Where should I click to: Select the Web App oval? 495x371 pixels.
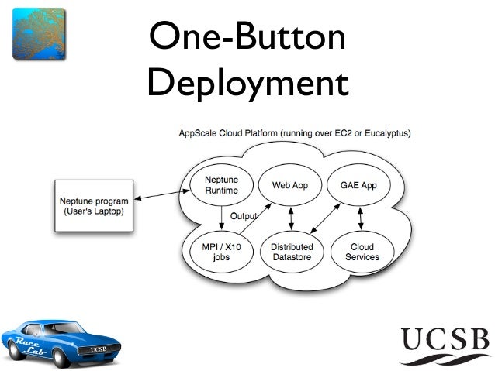tap(290, 185)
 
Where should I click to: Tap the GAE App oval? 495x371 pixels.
tap(358, 185)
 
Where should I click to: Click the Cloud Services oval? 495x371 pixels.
tap(362, 252)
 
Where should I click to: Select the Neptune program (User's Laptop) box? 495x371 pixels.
tap(95, 207)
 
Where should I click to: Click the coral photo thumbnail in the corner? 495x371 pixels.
tap(39, 33)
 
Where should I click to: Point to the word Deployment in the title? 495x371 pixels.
tap(247, 83)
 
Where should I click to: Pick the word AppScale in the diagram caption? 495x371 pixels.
tap(199, 133)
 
